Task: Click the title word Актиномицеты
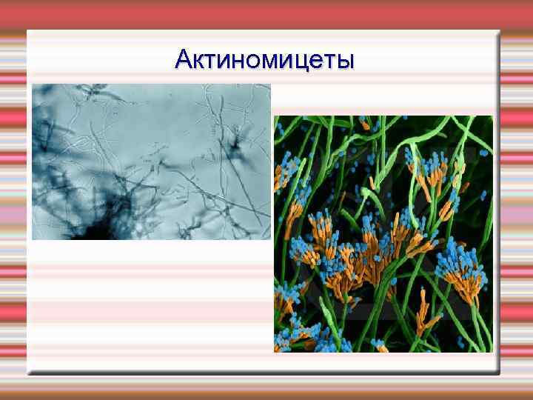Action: click(265, 59)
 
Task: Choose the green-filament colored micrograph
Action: click(383, 233)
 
